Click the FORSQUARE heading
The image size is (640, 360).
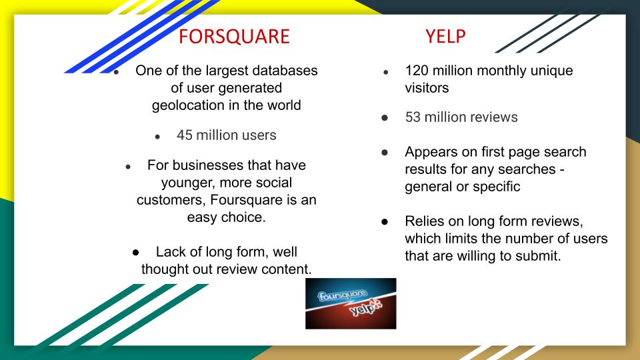coord(234,36)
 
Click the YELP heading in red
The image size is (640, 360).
coord(445,36)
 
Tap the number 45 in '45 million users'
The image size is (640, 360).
coord(185,135)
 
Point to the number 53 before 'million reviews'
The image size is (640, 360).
coord(413,117)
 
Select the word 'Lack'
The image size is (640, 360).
coord(169,252)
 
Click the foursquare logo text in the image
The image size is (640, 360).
coord(343,295)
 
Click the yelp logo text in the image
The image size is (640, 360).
coord(365,308)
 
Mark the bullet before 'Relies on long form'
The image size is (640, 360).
coord(385,221)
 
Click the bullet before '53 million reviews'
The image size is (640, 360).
coord(385,118)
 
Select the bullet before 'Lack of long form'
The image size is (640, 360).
coord(135,252)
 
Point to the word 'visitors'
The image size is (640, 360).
coord(427,88)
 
